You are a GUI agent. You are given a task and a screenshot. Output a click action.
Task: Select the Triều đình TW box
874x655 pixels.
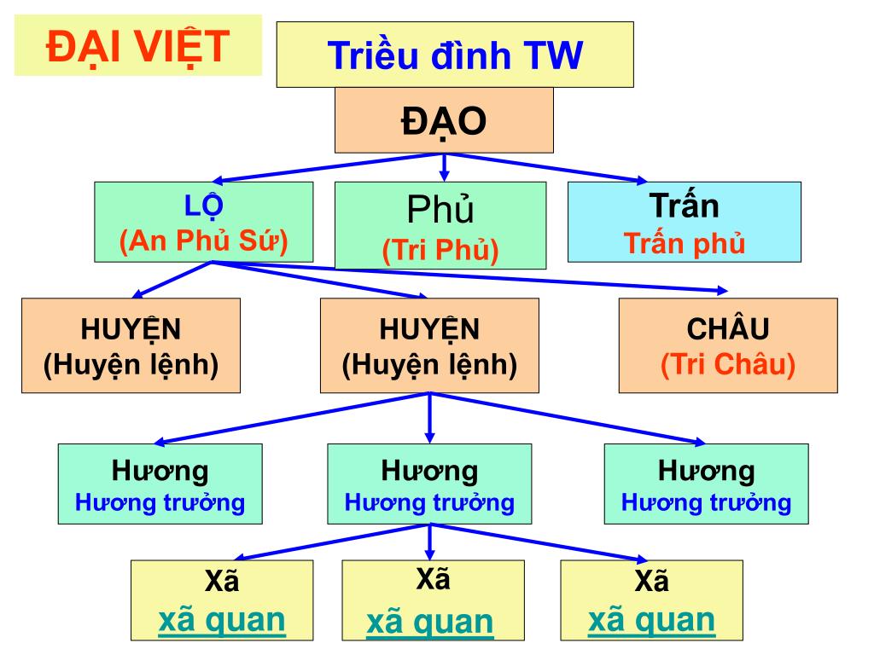(x=455, y=55)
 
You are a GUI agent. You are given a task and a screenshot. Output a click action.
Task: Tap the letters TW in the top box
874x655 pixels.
(x=555, y=55)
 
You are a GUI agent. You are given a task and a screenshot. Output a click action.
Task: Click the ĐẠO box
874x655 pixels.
(x=444, y=120)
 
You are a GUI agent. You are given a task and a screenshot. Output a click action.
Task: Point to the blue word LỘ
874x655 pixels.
(x=203, y=207)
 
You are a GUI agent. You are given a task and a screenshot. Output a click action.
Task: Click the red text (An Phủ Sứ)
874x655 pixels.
(x=203, y=242)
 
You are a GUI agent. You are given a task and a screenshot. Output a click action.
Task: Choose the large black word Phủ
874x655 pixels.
(x=440, y=209)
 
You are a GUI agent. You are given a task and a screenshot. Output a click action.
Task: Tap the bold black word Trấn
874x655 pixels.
(x=684, y=206)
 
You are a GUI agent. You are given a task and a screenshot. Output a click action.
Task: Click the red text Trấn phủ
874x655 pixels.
(x=685, y=243)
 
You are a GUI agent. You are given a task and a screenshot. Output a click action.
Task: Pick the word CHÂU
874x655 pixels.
(x=728, y=329)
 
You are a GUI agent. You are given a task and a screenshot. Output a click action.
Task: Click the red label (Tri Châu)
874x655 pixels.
(x=728, y=365)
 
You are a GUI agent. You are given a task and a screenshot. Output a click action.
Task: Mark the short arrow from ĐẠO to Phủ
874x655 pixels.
(x=444, y=167)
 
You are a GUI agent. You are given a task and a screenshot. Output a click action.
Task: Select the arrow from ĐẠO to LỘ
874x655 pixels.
(x=324, y=167)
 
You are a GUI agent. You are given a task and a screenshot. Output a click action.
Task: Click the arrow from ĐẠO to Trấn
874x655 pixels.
(x=555, y=168)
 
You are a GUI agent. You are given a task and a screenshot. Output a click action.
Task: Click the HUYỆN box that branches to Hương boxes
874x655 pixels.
(x=429, y=345)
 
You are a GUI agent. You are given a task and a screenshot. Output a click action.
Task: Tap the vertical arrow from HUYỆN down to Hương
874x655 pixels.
(x=429, y=418)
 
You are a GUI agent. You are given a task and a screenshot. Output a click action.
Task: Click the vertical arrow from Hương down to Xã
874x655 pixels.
(x=429, y=541)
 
